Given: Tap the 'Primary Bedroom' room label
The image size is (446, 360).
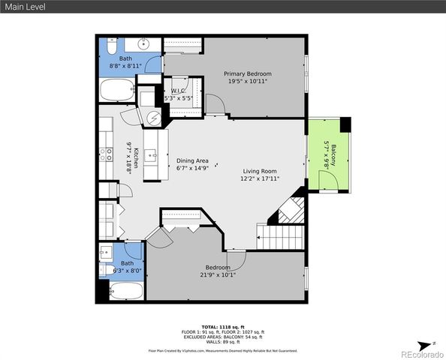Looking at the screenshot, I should [248, 77].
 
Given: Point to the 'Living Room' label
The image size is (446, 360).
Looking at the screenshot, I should [259, 175].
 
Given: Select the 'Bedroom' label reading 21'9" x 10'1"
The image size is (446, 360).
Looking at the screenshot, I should [218, 271].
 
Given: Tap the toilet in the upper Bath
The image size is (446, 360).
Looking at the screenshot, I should [110, 49].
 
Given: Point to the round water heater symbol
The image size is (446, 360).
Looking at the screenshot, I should [153, 117].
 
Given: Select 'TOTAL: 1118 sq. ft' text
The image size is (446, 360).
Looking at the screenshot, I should [222, 327].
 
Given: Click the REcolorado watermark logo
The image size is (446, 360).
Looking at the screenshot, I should [420, 353].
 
